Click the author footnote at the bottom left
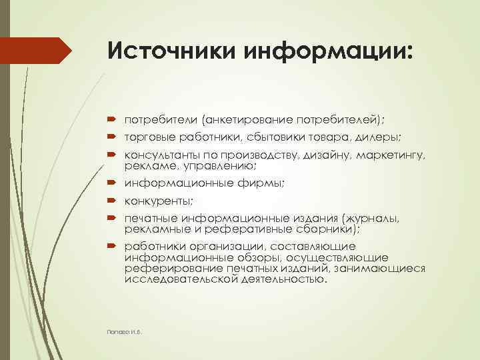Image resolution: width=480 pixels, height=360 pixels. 125,331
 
